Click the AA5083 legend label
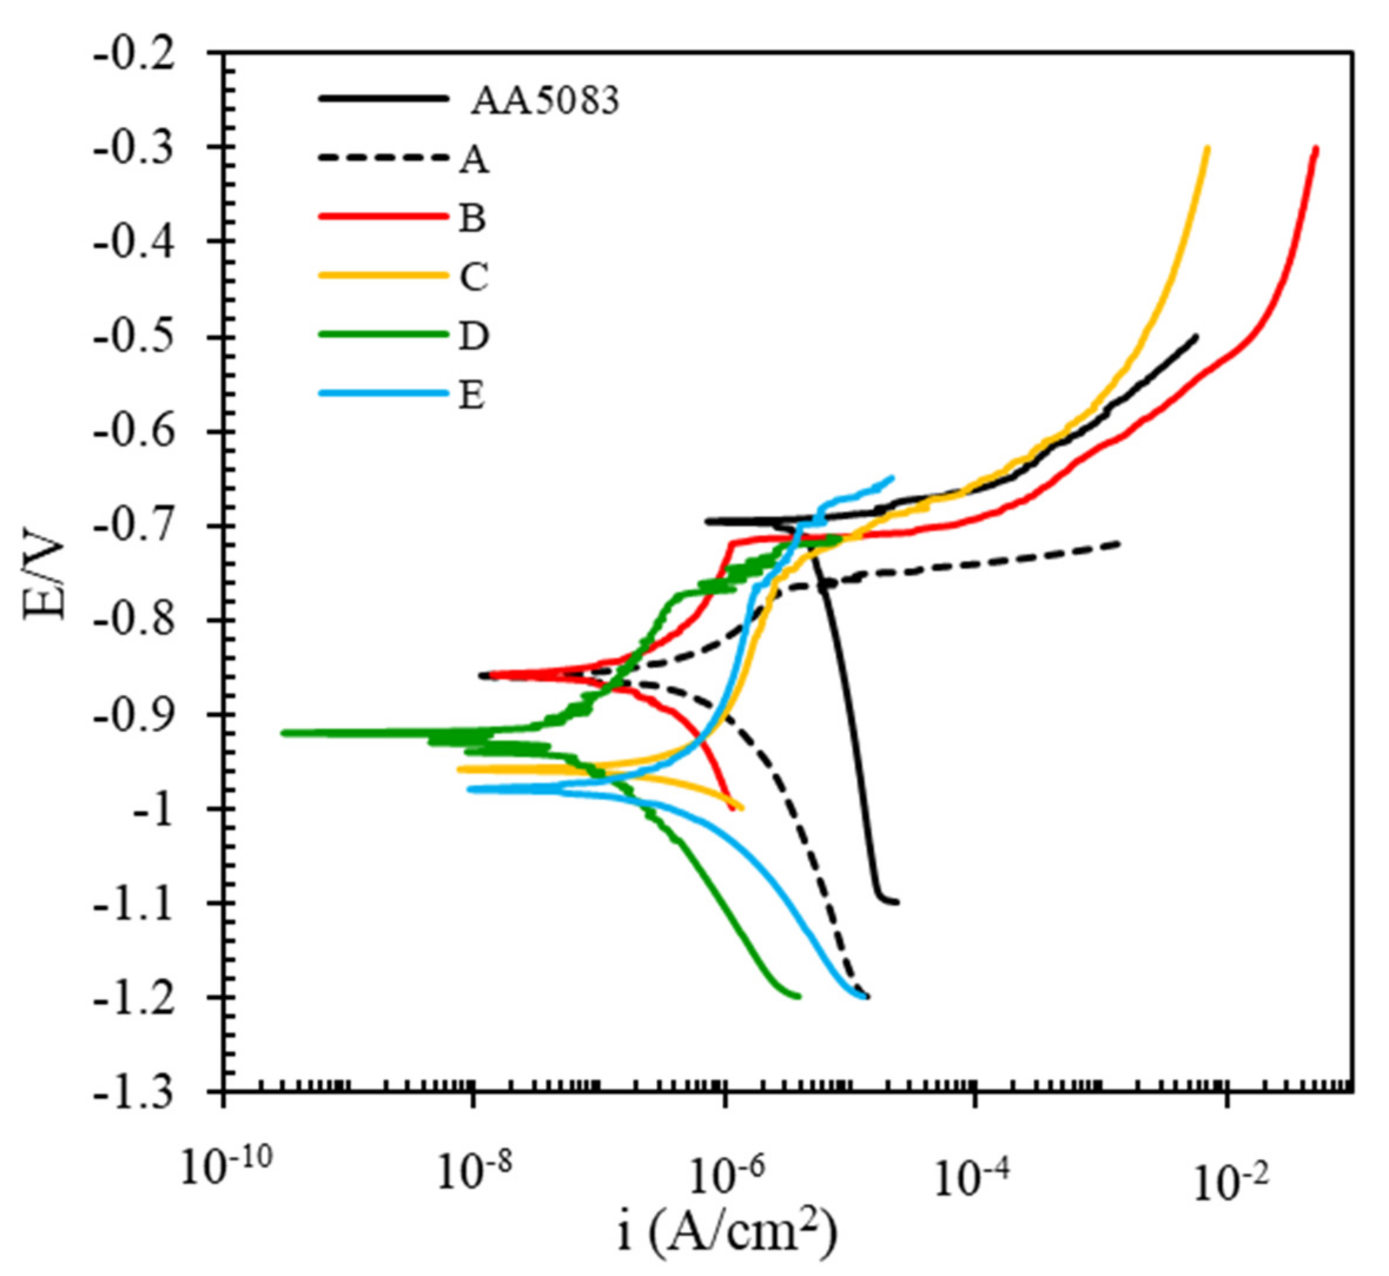tap(545, 101)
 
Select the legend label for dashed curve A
tap(474, 161)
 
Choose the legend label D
tap(474, 336)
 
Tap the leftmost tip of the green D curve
tap(283, 733)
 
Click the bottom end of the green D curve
tap(799, 996)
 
